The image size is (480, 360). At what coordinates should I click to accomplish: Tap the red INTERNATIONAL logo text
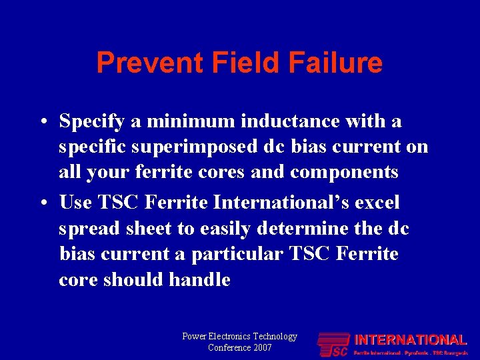[410, 340]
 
